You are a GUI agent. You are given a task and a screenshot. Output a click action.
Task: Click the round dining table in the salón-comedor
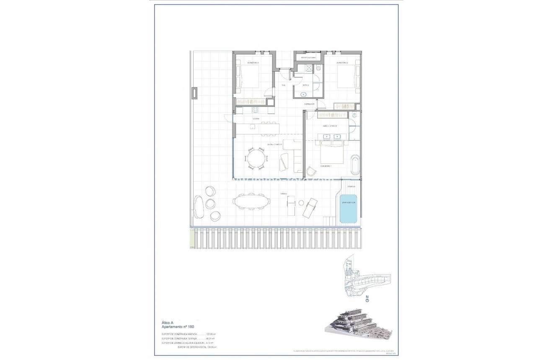click(x=256, y=159)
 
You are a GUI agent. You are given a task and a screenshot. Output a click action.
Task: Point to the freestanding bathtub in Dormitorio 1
click(x=355, y=165)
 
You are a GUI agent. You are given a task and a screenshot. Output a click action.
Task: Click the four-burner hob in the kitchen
click(x=254, y=110)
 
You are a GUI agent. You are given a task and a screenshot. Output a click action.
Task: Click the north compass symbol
click(x=367, y=300)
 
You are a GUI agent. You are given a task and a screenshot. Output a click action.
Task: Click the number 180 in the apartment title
click(x=190, y=326)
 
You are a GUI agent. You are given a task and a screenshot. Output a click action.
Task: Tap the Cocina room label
click(x=256, y=119)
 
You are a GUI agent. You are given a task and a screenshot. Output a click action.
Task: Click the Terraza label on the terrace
click(x=284, y=194)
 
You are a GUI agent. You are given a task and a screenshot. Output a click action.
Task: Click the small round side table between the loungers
click(x=301, y=203)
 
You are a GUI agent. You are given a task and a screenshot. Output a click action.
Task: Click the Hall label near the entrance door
click(x=283, y=85)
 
